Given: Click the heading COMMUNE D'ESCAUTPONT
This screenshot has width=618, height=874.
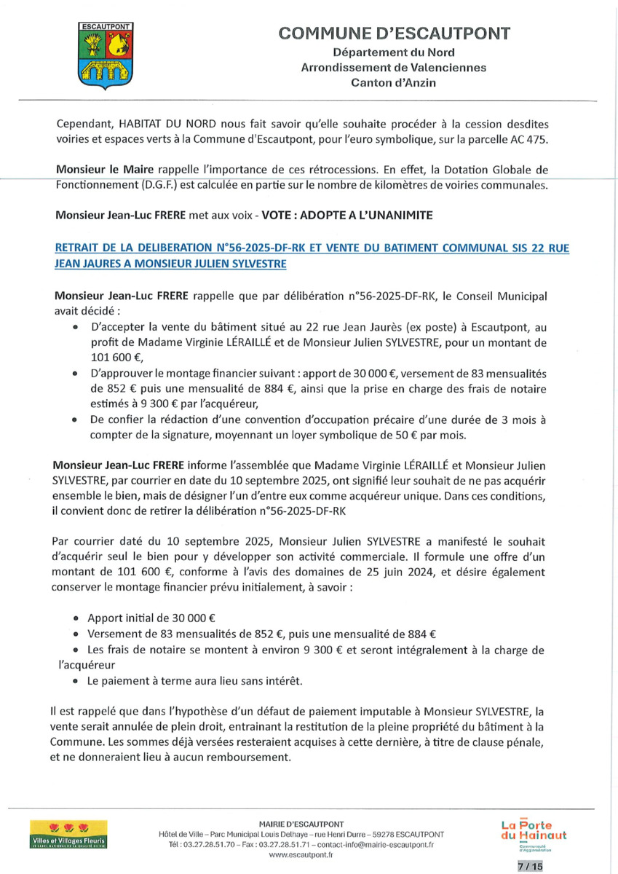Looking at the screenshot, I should click(394, 34).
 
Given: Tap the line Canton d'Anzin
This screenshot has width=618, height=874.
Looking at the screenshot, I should click(394, 83).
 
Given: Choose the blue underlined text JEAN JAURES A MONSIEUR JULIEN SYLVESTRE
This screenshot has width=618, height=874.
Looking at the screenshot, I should click(170, 263).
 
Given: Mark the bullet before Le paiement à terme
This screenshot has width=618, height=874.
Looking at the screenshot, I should click(76, 681).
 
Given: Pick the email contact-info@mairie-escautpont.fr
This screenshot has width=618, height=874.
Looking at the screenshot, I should click(370, 844).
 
